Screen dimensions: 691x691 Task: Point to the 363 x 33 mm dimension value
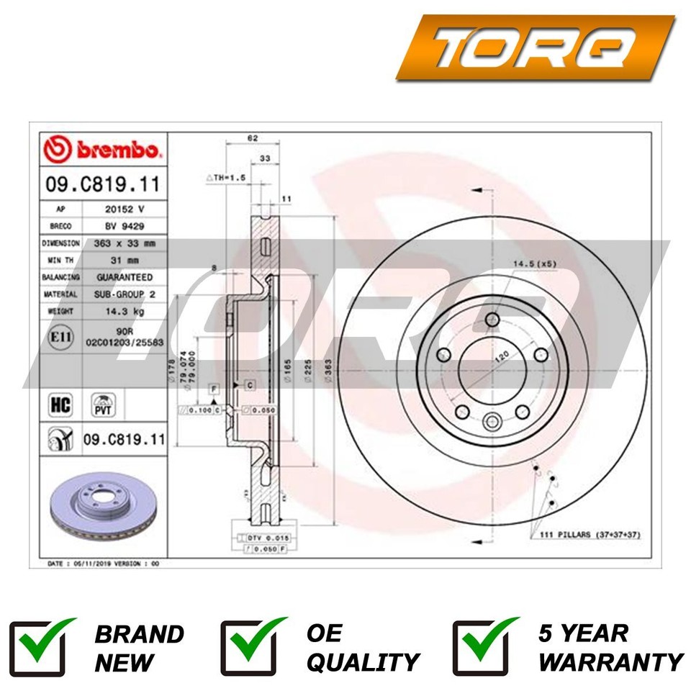pyautogui.click(x=124, y=243)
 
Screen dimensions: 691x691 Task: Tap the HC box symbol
pyautogui.click(x=59, y=405)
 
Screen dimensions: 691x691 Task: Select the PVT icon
pyautogui.click(x=101, y=405)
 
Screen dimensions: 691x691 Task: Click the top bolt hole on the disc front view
pyautogui.click(x=492, y=320)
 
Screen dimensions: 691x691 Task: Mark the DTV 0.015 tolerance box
pyautogui.click(x=262, y=538)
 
